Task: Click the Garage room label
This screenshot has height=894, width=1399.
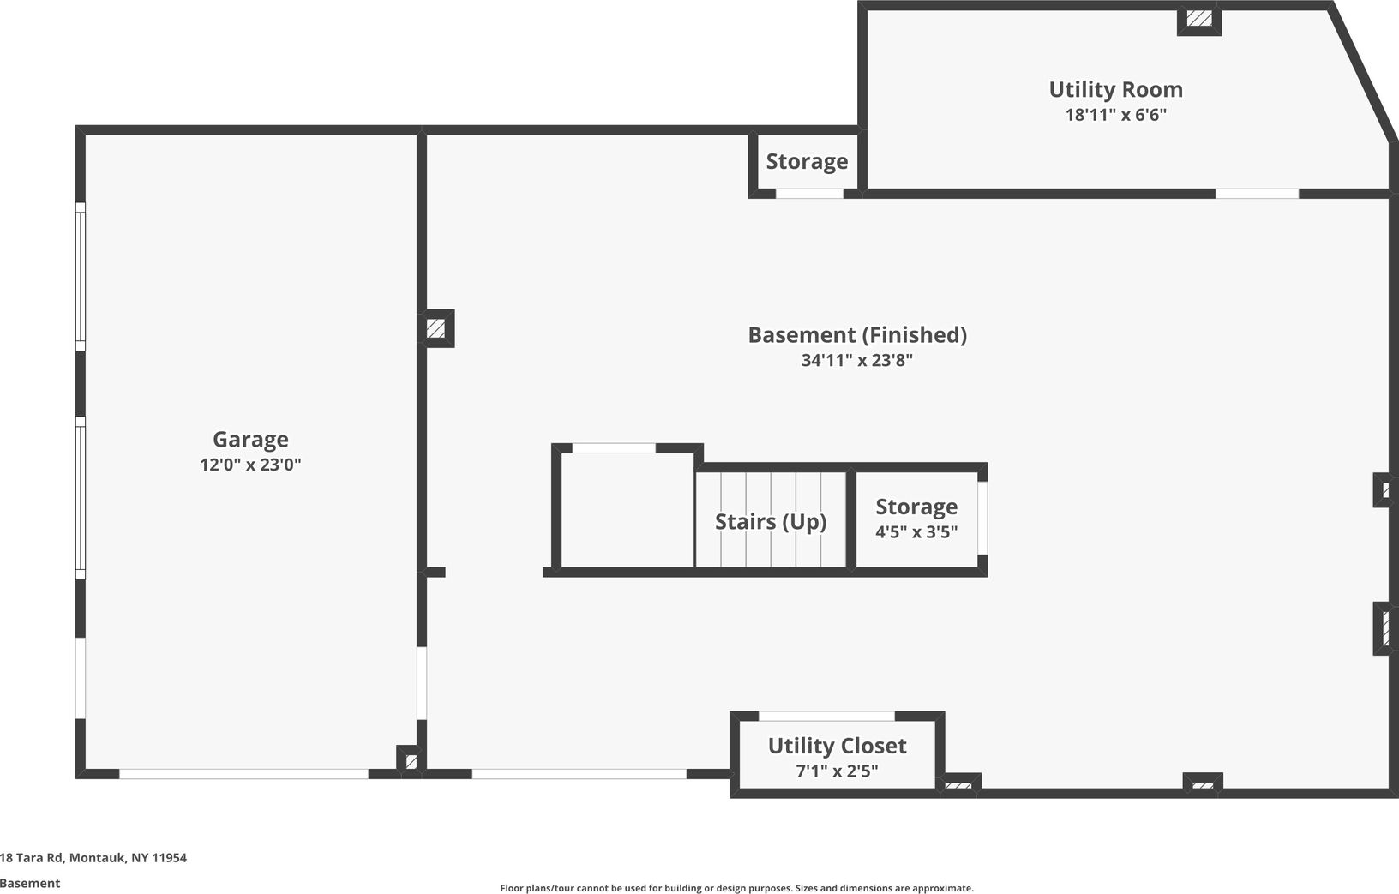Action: tap(250, 440)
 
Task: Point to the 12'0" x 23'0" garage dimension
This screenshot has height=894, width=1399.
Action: tap(250, 465)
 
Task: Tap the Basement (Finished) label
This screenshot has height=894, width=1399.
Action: tap(857, 335)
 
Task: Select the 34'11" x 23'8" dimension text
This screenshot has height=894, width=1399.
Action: tap(857, 361)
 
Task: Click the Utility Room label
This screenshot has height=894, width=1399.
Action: tap(1115, 90)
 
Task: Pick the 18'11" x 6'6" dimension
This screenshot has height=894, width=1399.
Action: tap(1115, 115)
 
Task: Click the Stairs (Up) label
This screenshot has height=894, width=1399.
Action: tap(771, 522)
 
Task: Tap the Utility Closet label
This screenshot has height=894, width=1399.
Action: tap(837, 747)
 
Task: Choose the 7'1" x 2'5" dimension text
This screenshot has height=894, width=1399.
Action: tap(837, 771)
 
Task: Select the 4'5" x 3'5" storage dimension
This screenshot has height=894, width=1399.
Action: tap(916, 532)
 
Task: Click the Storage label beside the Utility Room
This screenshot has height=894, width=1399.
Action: tap(807, 162)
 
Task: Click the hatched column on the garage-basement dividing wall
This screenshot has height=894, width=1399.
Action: tap(436, 328)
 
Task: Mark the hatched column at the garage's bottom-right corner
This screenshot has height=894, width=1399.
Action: tap(411, 760)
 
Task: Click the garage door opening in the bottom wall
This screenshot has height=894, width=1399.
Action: tap(243, 774)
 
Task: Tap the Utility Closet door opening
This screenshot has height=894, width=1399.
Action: tap(826, 716)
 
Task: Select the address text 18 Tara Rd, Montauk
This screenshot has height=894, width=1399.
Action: tap(93, 858)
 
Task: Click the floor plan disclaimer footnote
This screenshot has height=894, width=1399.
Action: tap(736, 889)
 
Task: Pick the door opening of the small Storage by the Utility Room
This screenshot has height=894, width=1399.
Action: tap(809, 194)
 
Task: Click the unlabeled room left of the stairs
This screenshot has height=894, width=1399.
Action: tap(627, 511)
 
